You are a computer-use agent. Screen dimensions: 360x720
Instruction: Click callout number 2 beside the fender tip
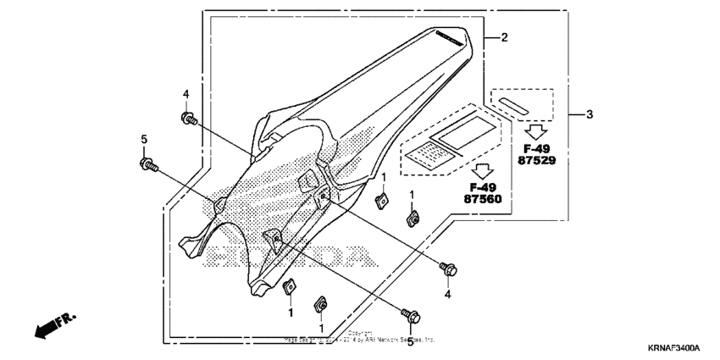click(x=504, y=38)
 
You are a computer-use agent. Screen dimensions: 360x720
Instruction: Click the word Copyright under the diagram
click(x=360, y=333)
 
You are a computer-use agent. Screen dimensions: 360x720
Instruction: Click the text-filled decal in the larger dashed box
click(x=429, y=153)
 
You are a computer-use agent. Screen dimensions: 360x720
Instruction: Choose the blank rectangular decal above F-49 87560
click(x=461, y=130)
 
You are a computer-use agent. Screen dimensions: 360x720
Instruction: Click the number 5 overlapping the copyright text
click(x=410, y=341)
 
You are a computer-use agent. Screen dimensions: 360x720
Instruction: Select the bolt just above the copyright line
click(x=413, y=315)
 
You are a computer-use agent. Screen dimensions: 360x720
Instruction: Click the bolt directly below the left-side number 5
click(x=146, y=163)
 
